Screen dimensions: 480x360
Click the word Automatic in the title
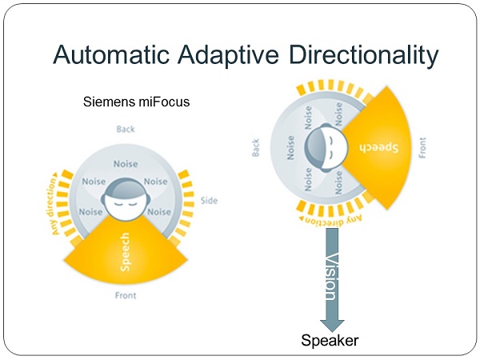tap(111, 54)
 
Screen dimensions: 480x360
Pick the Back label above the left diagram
tap(126, 129)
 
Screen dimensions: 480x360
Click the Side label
tap(209, 201)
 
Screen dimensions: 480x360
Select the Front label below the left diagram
tap(126, 295)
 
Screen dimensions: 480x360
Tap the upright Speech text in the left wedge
tap(125, 252)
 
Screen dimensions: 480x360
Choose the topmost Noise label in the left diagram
tap(126, 164)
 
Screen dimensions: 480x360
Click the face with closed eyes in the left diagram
tap(126, 198)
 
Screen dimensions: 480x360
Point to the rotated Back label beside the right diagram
tap(256, 147)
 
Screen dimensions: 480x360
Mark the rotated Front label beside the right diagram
tap(422, 147)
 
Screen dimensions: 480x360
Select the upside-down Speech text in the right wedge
tap(379, 147)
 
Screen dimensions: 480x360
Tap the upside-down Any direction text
tap(330, 221)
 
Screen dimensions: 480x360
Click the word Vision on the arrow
tap(331, 277)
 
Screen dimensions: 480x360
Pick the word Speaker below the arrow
tap(330, 341)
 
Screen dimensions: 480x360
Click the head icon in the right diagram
tap(326, 148)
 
